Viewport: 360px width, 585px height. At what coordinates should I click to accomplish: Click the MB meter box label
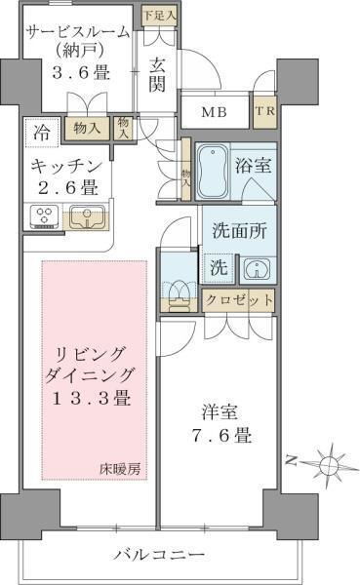(x=214, y=112)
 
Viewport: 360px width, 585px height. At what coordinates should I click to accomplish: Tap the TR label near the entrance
(x=265, y=111)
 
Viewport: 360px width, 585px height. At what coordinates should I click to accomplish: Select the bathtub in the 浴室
(x=212, y=172)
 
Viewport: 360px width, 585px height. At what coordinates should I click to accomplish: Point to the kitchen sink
(x=87, y=217)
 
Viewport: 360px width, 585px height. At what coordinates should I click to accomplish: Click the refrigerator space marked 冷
(x=42, y=132)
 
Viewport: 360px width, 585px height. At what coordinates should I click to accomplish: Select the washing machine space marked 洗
(x=219, y=267)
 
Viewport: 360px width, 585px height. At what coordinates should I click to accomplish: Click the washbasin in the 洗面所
(x=258, y=269)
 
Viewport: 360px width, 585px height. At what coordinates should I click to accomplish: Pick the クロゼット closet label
(x=239, y=299)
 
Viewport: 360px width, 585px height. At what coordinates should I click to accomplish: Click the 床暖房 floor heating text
(x=120, y=469)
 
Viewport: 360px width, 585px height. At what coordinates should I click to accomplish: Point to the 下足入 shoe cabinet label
(x=159, y=16)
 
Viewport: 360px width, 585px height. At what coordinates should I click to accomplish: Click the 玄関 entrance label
(x=157, y=75)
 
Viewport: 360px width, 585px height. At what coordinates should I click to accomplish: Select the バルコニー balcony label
(x=159, y=555)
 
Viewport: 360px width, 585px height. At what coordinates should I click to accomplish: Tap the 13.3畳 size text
(x=91, y=399)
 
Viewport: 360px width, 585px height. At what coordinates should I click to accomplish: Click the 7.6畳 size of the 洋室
(x=221, y=435)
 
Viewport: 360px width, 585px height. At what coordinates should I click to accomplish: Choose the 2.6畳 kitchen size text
(x=68, y=187)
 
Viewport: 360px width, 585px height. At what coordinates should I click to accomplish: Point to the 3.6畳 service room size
(x=81, y=72)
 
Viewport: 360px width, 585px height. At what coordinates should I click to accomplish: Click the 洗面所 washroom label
(x=239, y=231)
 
